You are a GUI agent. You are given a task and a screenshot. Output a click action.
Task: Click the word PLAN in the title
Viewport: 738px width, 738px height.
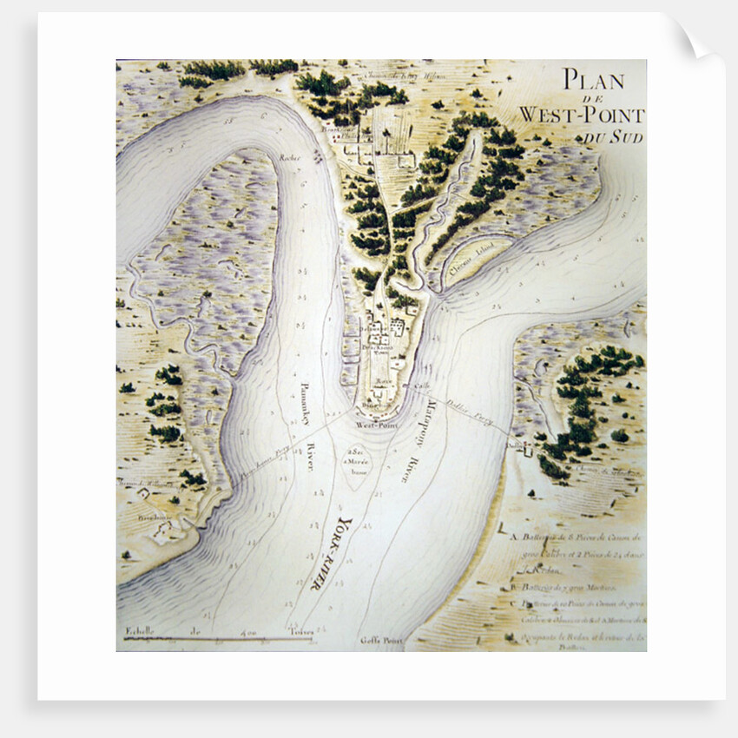point(593,80)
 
